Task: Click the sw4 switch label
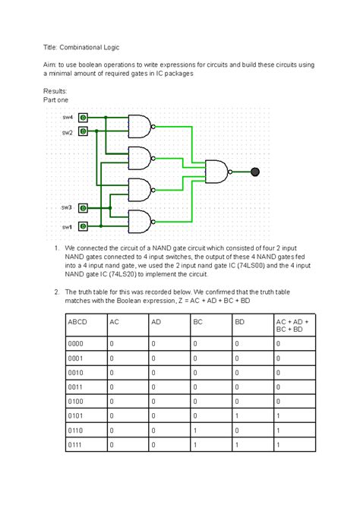click(68, 118)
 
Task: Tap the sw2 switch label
click(68, 132)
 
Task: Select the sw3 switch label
click(67, 207)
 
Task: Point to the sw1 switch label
click(67, 226)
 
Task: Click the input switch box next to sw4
click(83, 118)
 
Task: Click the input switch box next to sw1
click(83, 226)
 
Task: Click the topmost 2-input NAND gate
click(140, 125)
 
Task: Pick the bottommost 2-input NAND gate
click(140, 221)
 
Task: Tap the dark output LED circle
click(256, 172)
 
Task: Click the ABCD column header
click(77, 322)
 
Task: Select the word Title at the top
click(53, 48)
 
